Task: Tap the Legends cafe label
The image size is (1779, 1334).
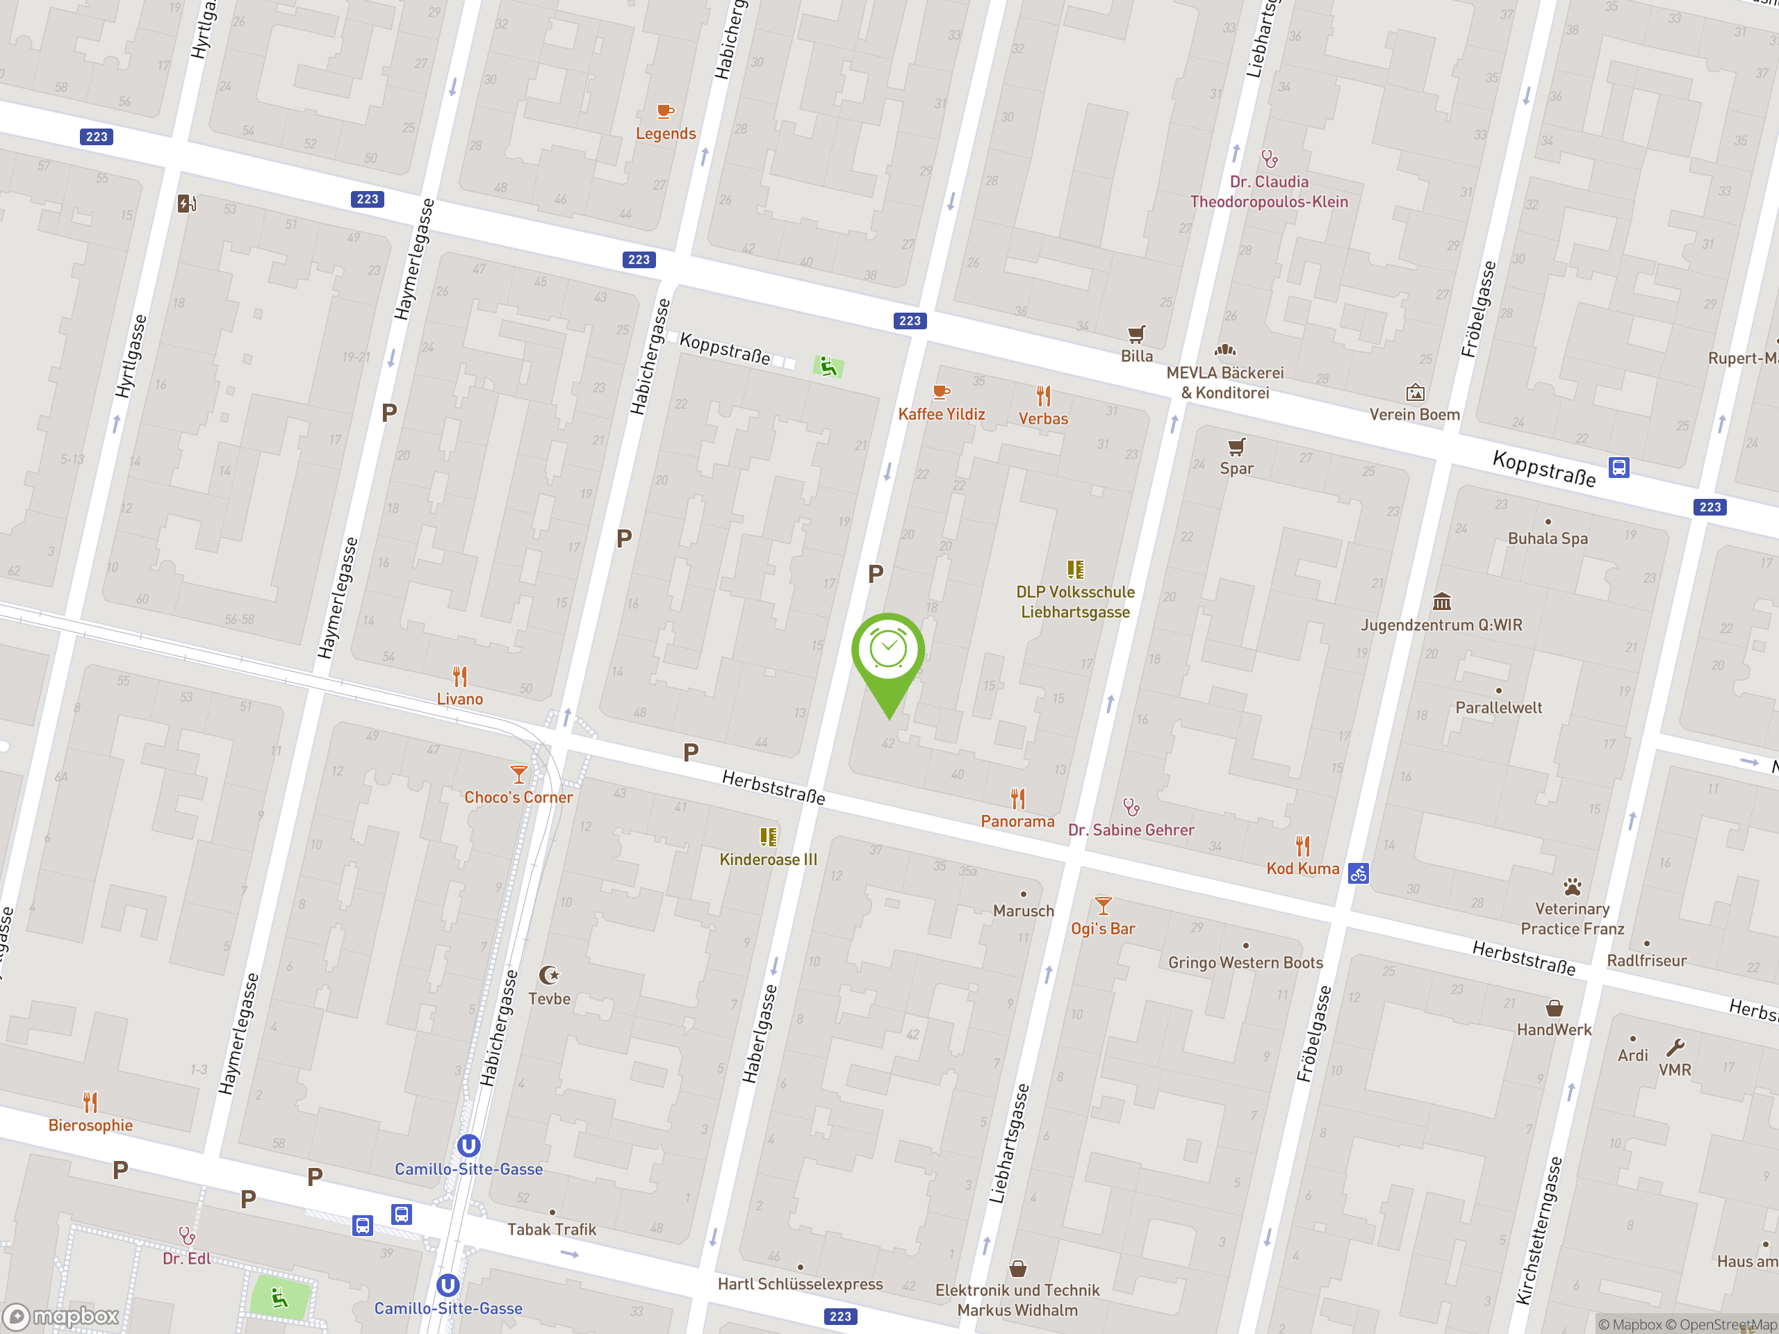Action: click(x=665, y=133)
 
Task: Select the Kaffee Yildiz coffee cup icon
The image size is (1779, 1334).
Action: click(x=940, y=393)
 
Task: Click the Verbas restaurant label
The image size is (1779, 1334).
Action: click(x=1043, y=418)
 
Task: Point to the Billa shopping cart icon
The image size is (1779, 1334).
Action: click(x=1136, y=333)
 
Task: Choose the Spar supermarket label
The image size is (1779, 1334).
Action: click(x=1236, y=468)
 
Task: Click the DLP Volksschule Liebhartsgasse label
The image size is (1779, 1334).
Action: click(x=1075, y=602)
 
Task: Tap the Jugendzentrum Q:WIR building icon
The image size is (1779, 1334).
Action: click(x=1441, y=602)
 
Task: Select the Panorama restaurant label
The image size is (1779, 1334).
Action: click(x=1017, y=821)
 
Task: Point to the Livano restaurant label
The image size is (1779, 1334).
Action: click(x=459, y=699)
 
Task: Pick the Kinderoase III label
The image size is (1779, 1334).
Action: click(x=768, y=859)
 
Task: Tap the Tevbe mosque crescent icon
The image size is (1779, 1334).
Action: click(x=549, y=975)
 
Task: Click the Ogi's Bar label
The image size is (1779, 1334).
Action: click(x=1103, y=929)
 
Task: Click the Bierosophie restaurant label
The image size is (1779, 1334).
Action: click(x=90, y=1125)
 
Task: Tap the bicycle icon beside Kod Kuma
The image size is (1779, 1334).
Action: click(x=1359, y=873)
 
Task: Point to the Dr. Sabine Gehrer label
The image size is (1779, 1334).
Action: click(x=1131, y=830)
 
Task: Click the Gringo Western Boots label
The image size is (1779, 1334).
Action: click(x=1245, y=962)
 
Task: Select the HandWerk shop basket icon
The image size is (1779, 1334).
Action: click(x=1554, y=1008)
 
